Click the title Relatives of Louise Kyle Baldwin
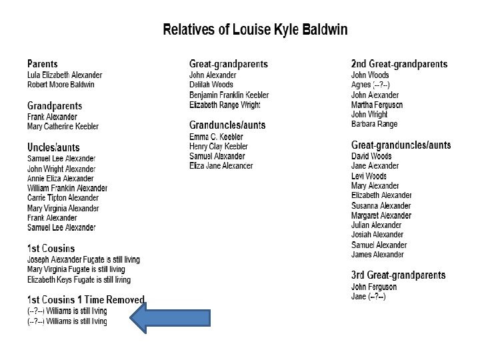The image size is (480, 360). [255, 30]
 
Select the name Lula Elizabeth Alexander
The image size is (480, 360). [65, 75]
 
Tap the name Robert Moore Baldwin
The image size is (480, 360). [61, 85]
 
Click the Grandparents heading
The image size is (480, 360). [55, 106]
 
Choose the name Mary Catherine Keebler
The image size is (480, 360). [63, 127]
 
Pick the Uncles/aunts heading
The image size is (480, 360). [53, 147]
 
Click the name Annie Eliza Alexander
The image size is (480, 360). [60, 179]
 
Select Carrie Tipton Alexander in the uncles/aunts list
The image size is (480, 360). [63, 198]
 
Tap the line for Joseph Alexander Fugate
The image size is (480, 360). [83, 259]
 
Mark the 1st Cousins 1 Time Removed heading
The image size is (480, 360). [86, 299]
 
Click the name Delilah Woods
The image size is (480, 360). [211, 85]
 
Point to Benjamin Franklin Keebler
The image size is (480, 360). [229, 95]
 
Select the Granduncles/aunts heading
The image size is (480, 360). [227, 125]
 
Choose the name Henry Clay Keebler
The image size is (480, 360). [219, 146]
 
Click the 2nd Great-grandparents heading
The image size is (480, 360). [399, 64]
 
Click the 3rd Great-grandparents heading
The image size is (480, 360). [399, 275]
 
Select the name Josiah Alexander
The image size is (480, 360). [377, 235]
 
